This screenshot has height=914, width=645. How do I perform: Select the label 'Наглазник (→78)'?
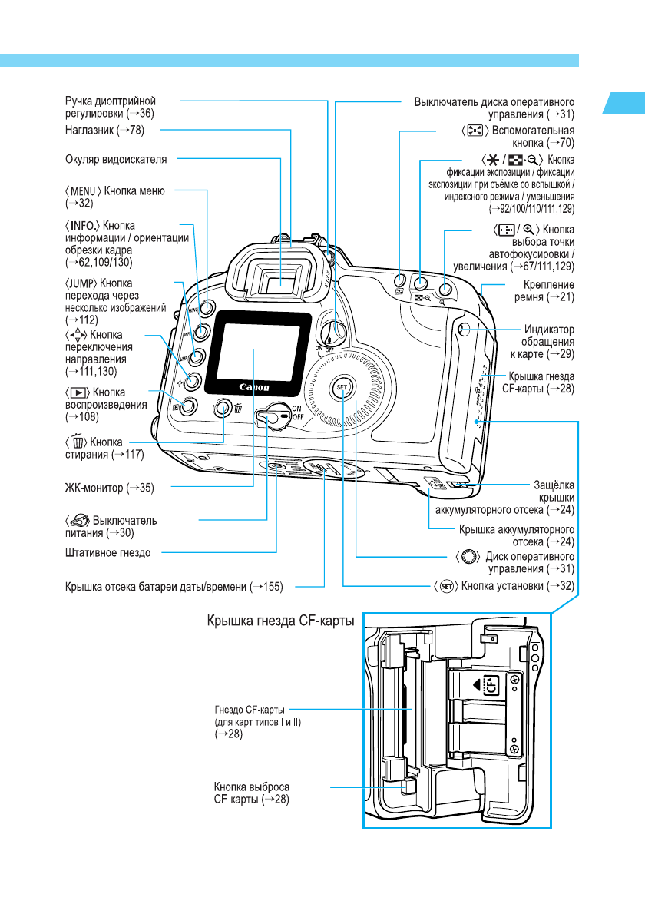tap(103, 131)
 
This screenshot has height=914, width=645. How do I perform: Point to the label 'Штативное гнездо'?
tap(107, 552)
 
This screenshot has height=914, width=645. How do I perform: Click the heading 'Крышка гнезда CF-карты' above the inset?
tap(279, 623)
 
